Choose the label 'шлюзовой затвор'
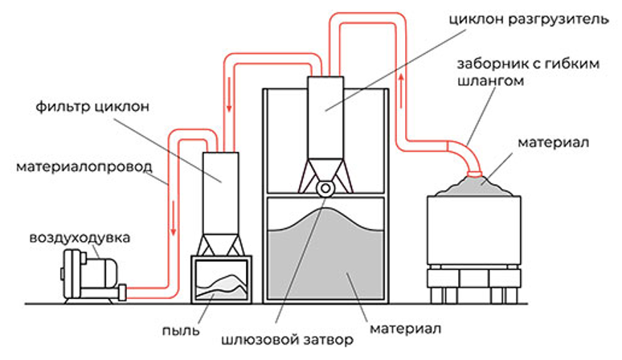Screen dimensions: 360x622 (x=287, y=339)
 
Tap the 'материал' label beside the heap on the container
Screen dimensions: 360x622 (x=555, y=142)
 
